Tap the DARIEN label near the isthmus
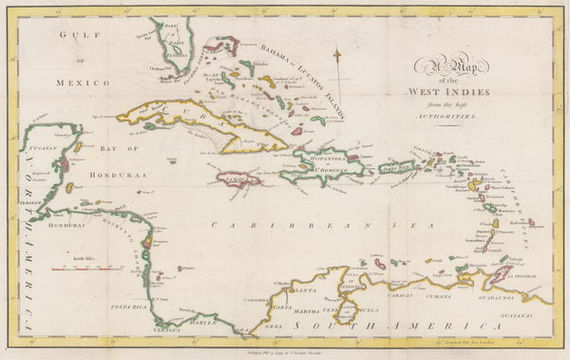[x=208, y=320]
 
